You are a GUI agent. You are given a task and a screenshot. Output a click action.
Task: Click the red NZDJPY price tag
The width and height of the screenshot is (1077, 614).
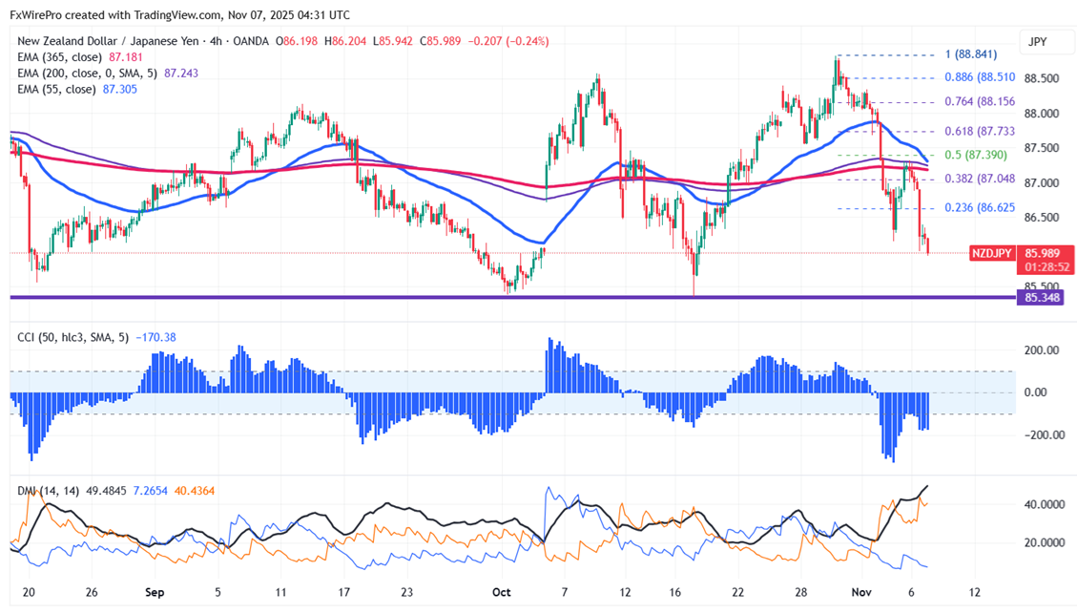[991, 253]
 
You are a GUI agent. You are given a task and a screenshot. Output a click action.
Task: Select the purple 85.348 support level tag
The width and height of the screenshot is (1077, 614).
[1040, 298]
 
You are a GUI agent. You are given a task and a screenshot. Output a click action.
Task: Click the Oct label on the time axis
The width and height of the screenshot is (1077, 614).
[502, 592]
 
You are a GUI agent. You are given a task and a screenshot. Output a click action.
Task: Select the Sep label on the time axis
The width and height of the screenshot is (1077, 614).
[153, 592]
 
